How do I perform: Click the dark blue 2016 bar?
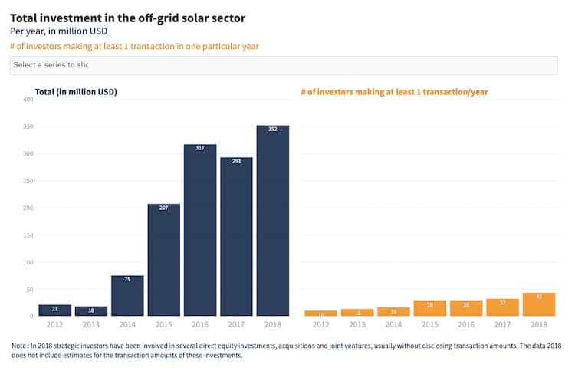pos(200,230)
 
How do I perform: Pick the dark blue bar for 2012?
pos(54,310)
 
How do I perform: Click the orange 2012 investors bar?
pos(320,313)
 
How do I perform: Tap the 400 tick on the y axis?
pos(28,100)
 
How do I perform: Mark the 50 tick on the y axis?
pos(30,289)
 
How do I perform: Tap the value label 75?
pos(127,279)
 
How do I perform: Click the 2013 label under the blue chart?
pos(91,324)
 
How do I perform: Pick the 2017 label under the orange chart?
pos(502,324)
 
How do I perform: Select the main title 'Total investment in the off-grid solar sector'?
pos(128,17)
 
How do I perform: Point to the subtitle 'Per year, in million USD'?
pos(58,31)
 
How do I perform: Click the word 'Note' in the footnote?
pos(21,346)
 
